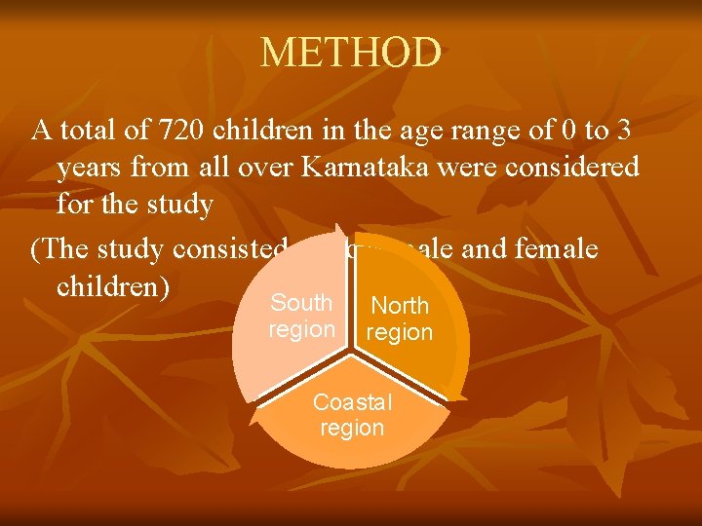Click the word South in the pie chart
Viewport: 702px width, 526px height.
[301, 303]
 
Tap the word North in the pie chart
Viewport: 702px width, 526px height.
[400, 306]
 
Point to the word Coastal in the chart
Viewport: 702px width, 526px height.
[352, 403]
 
